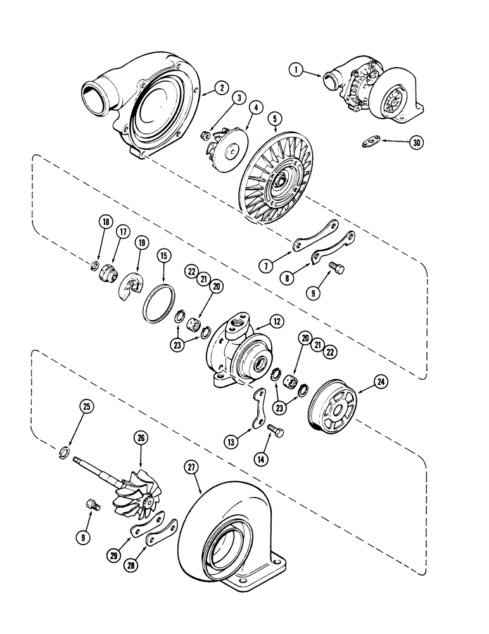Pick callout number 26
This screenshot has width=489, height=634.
[x=139, y=437]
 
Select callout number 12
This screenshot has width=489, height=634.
[x=276, y=321]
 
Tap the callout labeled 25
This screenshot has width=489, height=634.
[x=86, y=405]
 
